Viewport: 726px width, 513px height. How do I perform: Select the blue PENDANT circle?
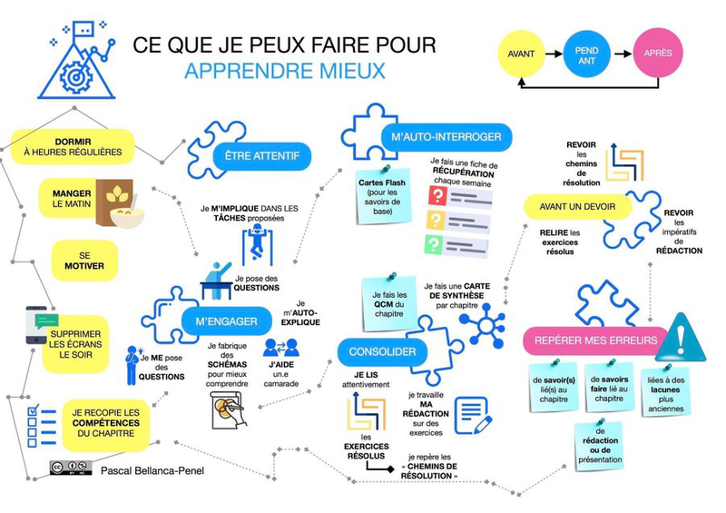pos(586,53)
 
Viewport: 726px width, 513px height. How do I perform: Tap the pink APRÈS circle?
pos(657,53)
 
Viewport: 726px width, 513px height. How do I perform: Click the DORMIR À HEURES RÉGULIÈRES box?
pos(73,146)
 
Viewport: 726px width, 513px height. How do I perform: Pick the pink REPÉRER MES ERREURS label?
pos(591,341)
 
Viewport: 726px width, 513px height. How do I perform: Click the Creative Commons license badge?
pos(69,469)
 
